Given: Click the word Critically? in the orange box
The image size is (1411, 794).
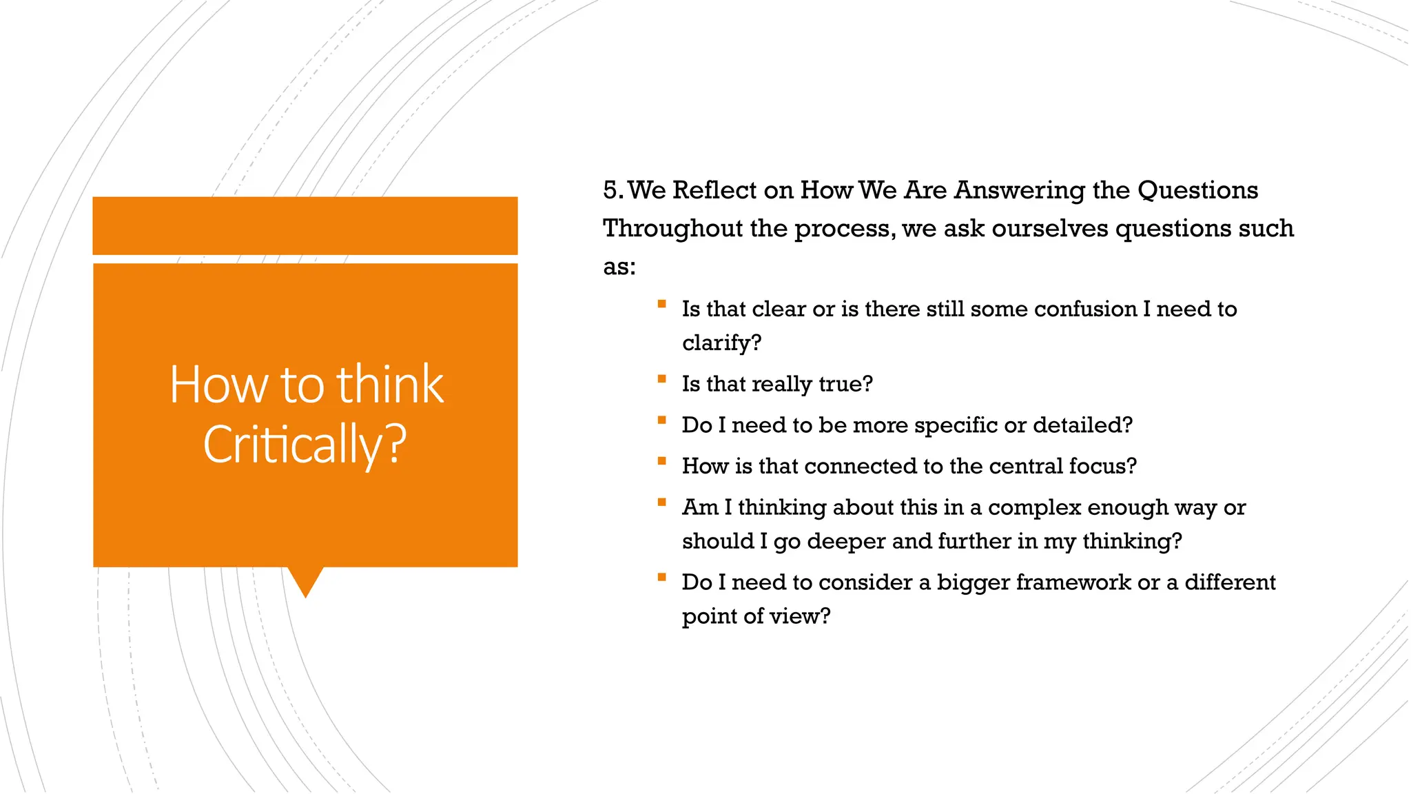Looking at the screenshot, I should (305, 445).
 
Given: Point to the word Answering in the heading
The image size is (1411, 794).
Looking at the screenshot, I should (1019, 190).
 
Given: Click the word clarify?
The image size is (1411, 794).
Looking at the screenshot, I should (721, 343).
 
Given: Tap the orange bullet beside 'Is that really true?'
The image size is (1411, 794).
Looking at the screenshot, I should (661, 378).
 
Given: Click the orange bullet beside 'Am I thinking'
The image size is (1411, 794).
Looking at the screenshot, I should (661, 502).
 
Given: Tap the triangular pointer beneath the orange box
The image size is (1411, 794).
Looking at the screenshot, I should (305, 580).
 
